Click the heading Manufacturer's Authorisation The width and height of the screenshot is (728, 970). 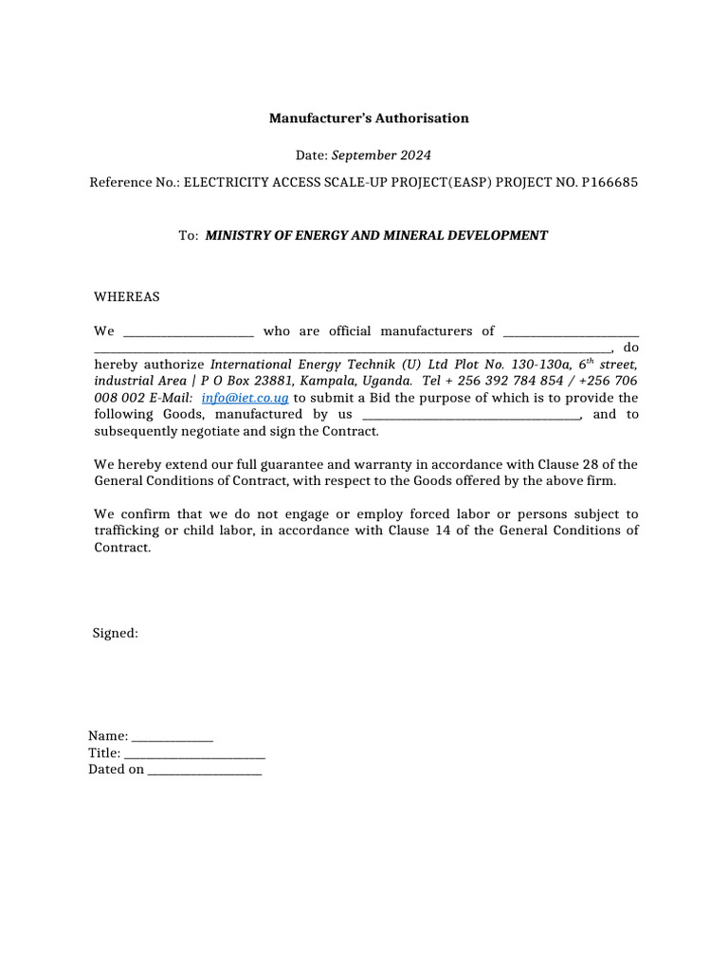pos(369,118)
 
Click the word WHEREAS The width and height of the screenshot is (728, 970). pos(127,296)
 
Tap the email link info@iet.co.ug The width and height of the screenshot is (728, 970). pos(245,398)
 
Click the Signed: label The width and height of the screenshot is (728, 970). pos(116,633)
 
